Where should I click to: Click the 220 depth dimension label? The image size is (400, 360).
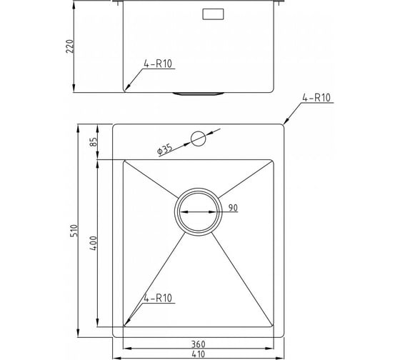[x=70, y=46]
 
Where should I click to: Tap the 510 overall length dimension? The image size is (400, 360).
[x=74, y=231]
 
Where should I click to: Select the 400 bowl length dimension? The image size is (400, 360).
[x=94, y=243]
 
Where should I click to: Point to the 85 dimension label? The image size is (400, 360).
[x=94, y=142]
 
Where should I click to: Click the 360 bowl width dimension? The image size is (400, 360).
[x=199, y=344]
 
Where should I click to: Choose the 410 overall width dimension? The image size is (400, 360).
[x=198, y=354]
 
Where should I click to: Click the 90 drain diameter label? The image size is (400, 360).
[x=233, y=208]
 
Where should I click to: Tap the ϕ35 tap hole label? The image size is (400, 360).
[x=165, y=149]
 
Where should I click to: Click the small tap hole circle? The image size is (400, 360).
[x=199, y=139]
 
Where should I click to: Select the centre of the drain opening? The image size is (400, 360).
[x=199, y=211]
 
